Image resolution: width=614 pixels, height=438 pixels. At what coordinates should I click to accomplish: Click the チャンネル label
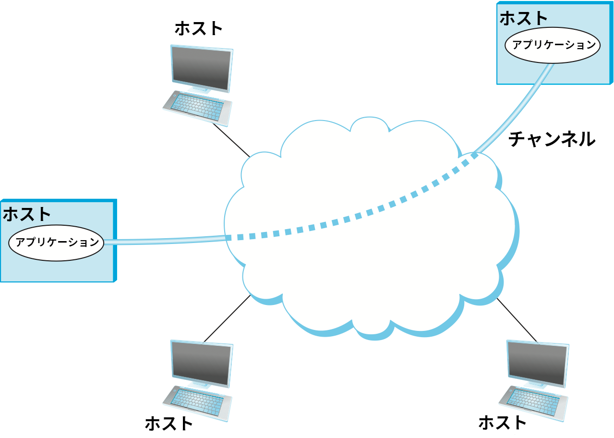[x=552, y=139]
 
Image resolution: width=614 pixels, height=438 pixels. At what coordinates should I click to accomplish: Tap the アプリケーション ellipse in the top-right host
[x=553, y=45]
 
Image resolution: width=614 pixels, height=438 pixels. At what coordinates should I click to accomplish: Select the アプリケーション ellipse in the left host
[x=57, y=243]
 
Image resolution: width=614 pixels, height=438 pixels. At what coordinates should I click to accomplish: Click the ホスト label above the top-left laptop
[x=199, y=28]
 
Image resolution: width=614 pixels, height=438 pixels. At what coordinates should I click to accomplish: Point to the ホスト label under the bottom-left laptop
[x=169, y=424]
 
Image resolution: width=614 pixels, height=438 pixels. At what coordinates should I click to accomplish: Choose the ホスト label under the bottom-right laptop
[x=503, y=423]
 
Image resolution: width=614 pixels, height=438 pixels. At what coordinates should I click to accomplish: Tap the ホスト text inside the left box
[x=27, y=214]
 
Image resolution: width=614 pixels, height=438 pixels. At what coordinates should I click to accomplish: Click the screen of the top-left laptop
[x=201, y=68]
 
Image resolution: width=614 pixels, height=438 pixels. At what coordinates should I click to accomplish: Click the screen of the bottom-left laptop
[x=201, y=363]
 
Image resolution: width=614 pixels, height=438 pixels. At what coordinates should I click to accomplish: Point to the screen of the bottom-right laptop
[x=537, y=364]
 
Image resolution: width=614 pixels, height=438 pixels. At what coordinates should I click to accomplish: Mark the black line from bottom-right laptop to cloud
[x=517, y=320]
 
